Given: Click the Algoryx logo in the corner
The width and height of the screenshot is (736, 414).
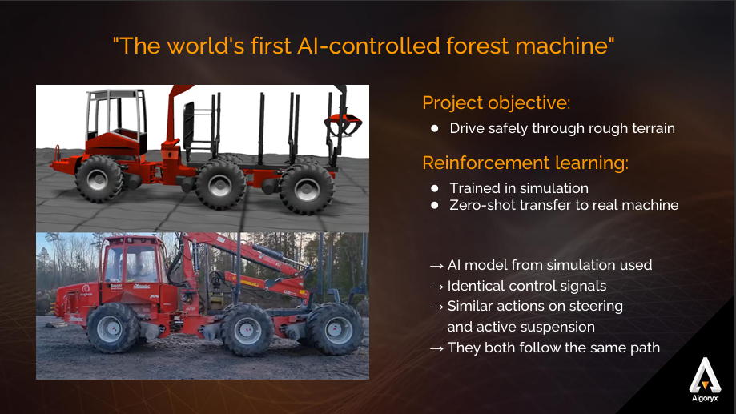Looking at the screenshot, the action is click(705, 380).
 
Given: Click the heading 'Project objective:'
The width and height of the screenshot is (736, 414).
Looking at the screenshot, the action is click(497, 102).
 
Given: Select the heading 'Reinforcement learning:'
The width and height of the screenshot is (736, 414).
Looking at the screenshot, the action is click(525, 163).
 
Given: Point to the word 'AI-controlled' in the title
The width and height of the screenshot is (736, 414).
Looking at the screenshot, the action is click(369, 46).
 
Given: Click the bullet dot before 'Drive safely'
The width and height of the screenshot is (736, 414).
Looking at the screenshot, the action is click(435, 128).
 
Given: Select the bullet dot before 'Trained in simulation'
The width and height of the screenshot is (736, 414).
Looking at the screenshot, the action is click(435, 188).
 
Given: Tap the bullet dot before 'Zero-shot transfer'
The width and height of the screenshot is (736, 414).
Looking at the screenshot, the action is click(435, 205).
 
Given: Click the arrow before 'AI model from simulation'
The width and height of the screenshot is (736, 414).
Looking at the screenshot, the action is click(436, 266).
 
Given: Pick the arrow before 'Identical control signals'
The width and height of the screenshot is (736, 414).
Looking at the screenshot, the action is click(436, 287).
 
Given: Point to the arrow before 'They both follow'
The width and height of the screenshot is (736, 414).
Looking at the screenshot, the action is click(436, 348).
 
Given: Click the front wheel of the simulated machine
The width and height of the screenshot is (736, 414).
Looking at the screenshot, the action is click(99, 179).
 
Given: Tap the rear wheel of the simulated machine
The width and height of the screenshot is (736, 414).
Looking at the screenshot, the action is click(307, 189).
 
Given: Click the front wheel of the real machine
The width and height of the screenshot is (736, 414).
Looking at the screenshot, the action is click(114, 328).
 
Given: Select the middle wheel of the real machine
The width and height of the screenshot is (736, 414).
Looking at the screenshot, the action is click(247, 330).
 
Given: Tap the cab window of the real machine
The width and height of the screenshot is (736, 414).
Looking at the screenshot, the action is click(133, 264).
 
